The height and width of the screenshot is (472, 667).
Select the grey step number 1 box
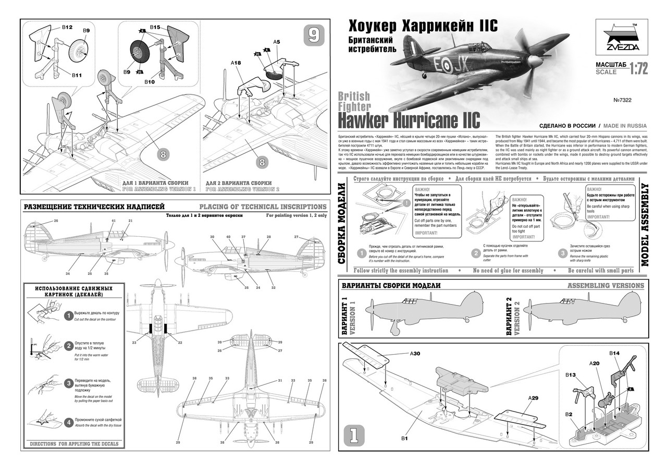[x=353, y=434]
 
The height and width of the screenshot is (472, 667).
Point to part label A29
[x=533, y=398]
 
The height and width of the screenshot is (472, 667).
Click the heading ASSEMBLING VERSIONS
[x=606, y=285]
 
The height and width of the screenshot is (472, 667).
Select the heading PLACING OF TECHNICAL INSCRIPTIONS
[x=263, y=207]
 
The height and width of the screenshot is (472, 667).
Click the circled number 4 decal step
[x=68, y=422]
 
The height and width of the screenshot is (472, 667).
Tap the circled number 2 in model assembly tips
[x=475, y=254]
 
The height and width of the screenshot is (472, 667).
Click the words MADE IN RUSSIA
[x=625, y=126]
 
